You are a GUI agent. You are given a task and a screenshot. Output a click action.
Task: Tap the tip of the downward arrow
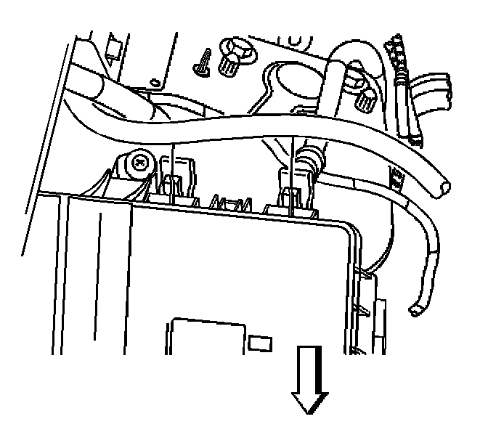click(309, 414)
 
